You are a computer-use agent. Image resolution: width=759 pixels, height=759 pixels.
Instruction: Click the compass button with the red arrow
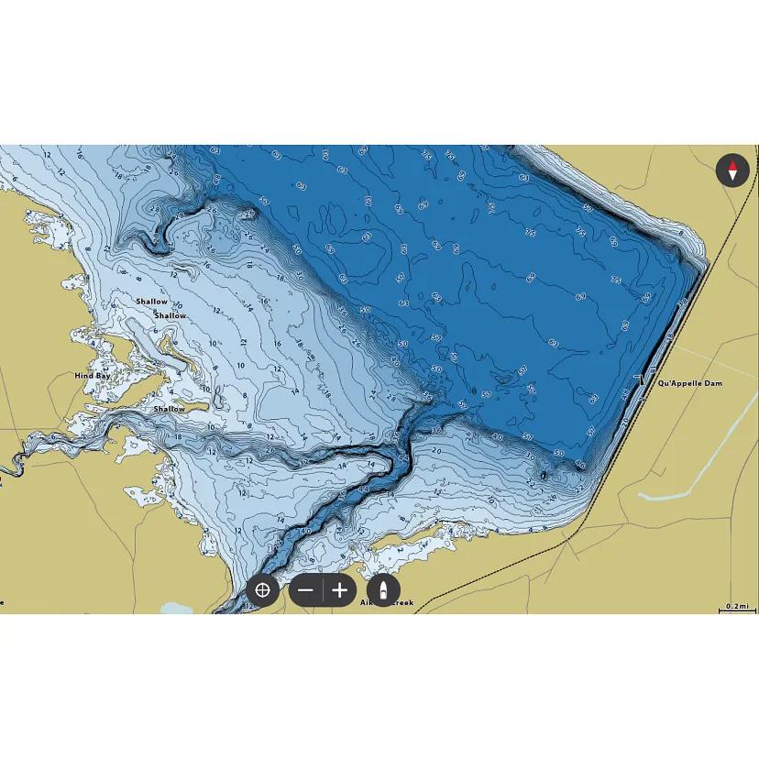(732, 170)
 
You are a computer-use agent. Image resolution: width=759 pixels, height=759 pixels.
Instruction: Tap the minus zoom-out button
(306, 590)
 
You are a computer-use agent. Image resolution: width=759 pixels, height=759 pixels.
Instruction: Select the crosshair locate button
(262, 590)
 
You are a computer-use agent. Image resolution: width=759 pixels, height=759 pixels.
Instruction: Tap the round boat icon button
(383, 590)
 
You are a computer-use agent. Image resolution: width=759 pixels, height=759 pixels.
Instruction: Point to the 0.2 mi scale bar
(737, 609)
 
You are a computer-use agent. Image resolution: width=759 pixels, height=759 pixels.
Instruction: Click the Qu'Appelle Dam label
(689, 383)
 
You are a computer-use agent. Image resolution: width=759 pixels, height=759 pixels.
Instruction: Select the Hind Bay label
(92, 376)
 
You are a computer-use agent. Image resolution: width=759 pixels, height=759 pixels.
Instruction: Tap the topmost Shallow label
(152, 302)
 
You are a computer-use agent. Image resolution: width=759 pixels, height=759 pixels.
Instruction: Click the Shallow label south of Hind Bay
(169, 409)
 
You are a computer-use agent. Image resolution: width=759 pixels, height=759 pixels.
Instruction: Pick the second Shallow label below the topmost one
(170, 315)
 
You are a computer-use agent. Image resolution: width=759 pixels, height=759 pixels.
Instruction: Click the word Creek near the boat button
(401, 602)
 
